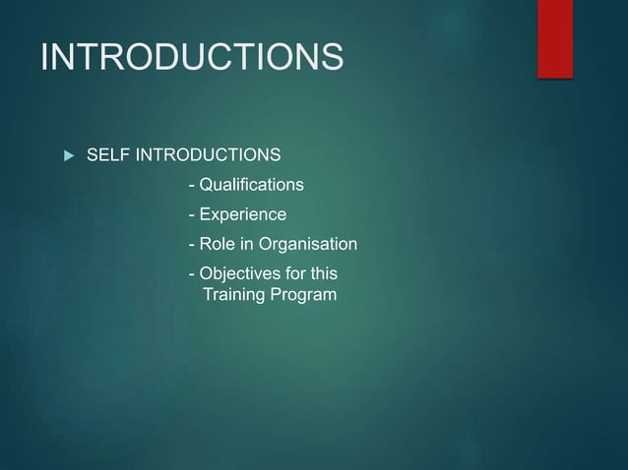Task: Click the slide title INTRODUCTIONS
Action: pyautogui.click(x=192, y=57)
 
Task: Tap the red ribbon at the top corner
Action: pyautogui.click(x=555, y=36)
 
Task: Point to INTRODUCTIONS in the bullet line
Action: pyautogui.click(x=208, y=155)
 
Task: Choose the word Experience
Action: pyautogui.click(x=242, y=214)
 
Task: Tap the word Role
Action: pyautogui.click(x=216, y=244)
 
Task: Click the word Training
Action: pyautogui.click(x=233, y=295)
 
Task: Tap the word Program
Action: pyautogui.click(x=303, y=295)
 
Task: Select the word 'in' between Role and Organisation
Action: pyautogui.click(x=245, y=244)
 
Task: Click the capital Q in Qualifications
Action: pyautogui.click(x=205, y=185)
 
